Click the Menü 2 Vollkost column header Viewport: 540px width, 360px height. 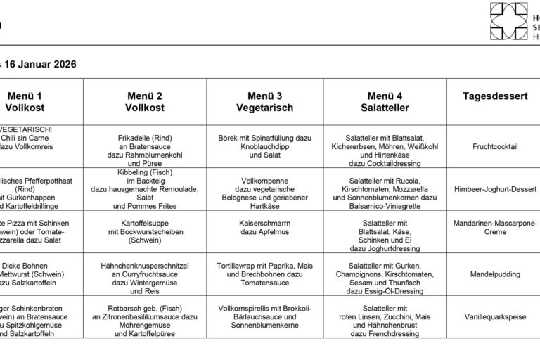(x=145, y=102)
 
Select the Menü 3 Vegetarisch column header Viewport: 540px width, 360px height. (x=264, y=102)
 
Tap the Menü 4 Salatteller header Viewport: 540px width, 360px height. (x=385, y=102)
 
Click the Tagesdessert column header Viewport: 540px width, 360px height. (x=495, y=96)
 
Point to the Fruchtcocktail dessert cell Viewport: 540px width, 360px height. (x=495, y=146)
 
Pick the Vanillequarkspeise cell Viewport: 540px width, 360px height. (x=495, y=317)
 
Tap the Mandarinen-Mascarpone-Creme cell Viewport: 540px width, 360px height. (x=495, y=227)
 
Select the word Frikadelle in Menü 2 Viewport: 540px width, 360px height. (x=131, y=138)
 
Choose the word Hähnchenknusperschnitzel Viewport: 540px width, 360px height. (x=145, y=266)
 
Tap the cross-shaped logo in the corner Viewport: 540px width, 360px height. (x=508, y=21)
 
